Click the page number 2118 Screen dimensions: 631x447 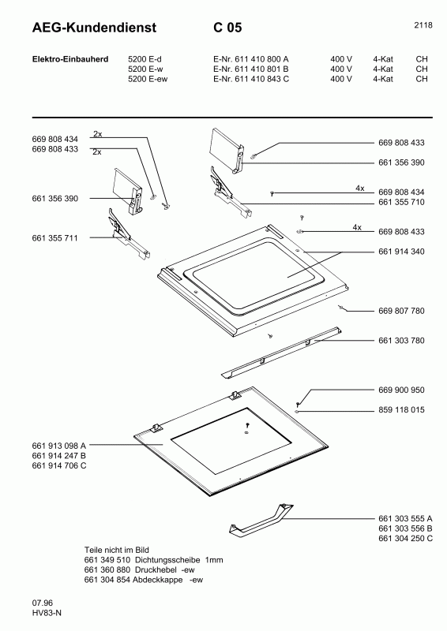coord(423,25)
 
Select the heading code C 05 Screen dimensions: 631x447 coord(227,28)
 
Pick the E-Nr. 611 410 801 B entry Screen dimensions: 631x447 coord(251,69)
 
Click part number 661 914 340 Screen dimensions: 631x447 coord(402,252)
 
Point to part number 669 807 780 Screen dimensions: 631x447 coord(402,311)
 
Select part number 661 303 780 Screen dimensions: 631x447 coord(402,341)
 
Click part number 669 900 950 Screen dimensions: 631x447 coord(402,390)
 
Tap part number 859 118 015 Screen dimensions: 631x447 coord(402,410)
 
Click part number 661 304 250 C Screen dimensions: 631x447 coord(406,538)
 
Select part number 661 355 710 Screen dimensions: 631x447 coord(402,202)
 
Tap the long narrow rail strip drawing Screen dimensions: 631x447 coord(281,350)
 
